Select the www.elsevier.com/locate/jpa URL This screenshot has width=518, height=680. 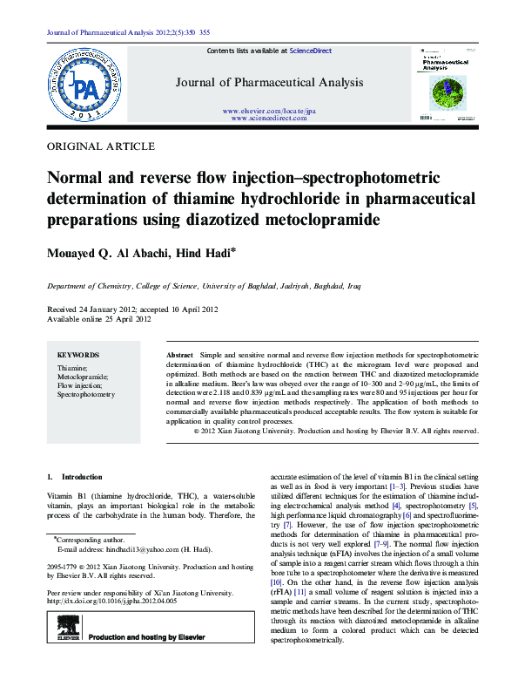click(x=268, y=112)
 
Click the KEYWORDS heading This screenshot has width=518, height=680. click(x=78, y=355)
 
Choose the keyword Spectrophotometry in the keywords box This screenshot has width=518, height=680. click(x=86, y=395)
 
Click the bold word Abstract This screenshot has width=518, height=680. click(x=178, y=357)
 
